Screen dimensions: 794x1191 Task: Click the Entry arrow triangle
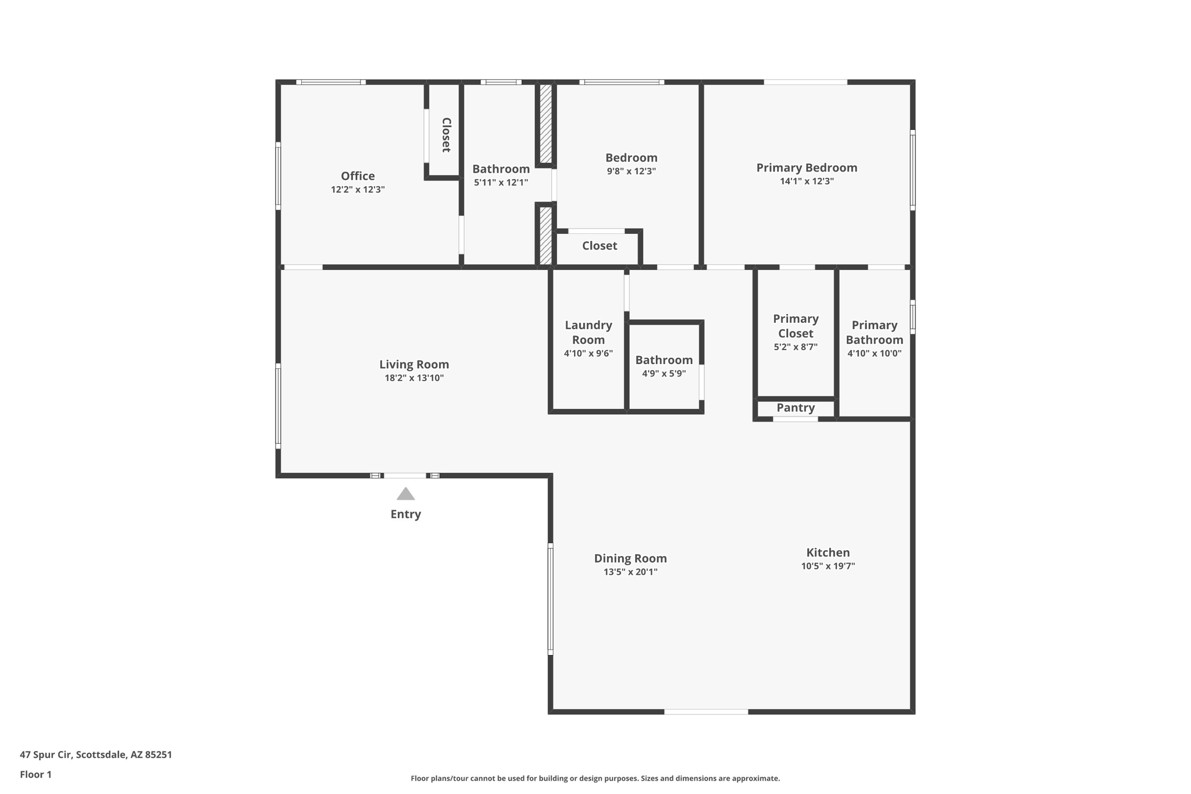(405, 494)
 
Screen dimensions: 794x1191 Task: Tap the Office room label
(358, 176)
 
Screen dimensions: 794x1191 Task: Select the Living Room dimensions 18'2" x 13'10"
(414, 378)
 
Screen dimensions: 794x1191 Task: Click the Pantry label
(796, 408)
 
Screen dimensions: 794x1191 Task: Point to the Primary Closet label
(796, 326)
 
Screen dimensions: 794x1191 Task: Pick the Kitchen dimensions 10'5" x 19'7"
(828, 566)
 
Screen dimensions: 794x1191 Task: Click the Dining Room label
(630, 558)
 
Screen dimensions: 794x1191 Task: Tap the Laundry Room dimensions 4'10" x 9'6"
(588, 353)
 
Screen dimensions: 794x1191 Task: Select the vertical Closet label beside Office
(446, 135)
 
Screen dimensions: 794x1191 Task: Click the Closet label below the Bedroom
(600, 245)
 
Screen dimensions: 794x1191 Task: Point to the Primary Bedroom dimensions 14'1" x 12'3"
(807, 181)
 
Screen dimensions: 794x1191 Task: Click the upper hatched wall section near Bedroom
(545, 123)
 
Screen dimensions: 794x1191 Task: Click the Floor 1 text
(35, 774)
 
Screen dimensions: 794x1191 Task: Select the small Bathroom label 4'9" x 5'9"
(664, 360)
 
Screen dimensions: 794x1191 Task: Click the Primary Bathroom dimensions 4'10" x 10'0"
(874, 353)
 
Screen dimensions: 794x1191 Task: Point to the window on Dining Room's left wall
(550, 599)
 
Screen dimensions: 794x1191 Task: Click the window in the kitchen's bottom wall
(706, 711)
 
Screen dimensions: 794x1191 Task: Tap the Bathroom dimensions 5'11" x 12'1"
(501, 183)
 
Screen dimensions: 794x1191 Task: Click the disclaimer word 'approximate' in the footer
(755, 778)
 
